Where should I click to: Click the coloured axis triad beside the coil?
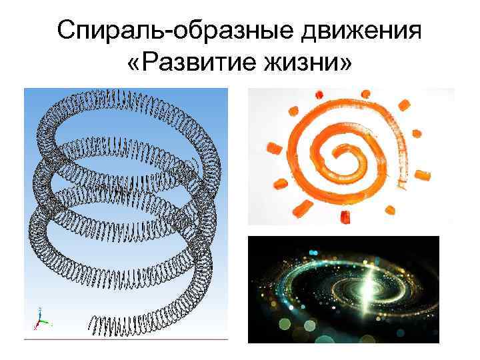39,321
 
